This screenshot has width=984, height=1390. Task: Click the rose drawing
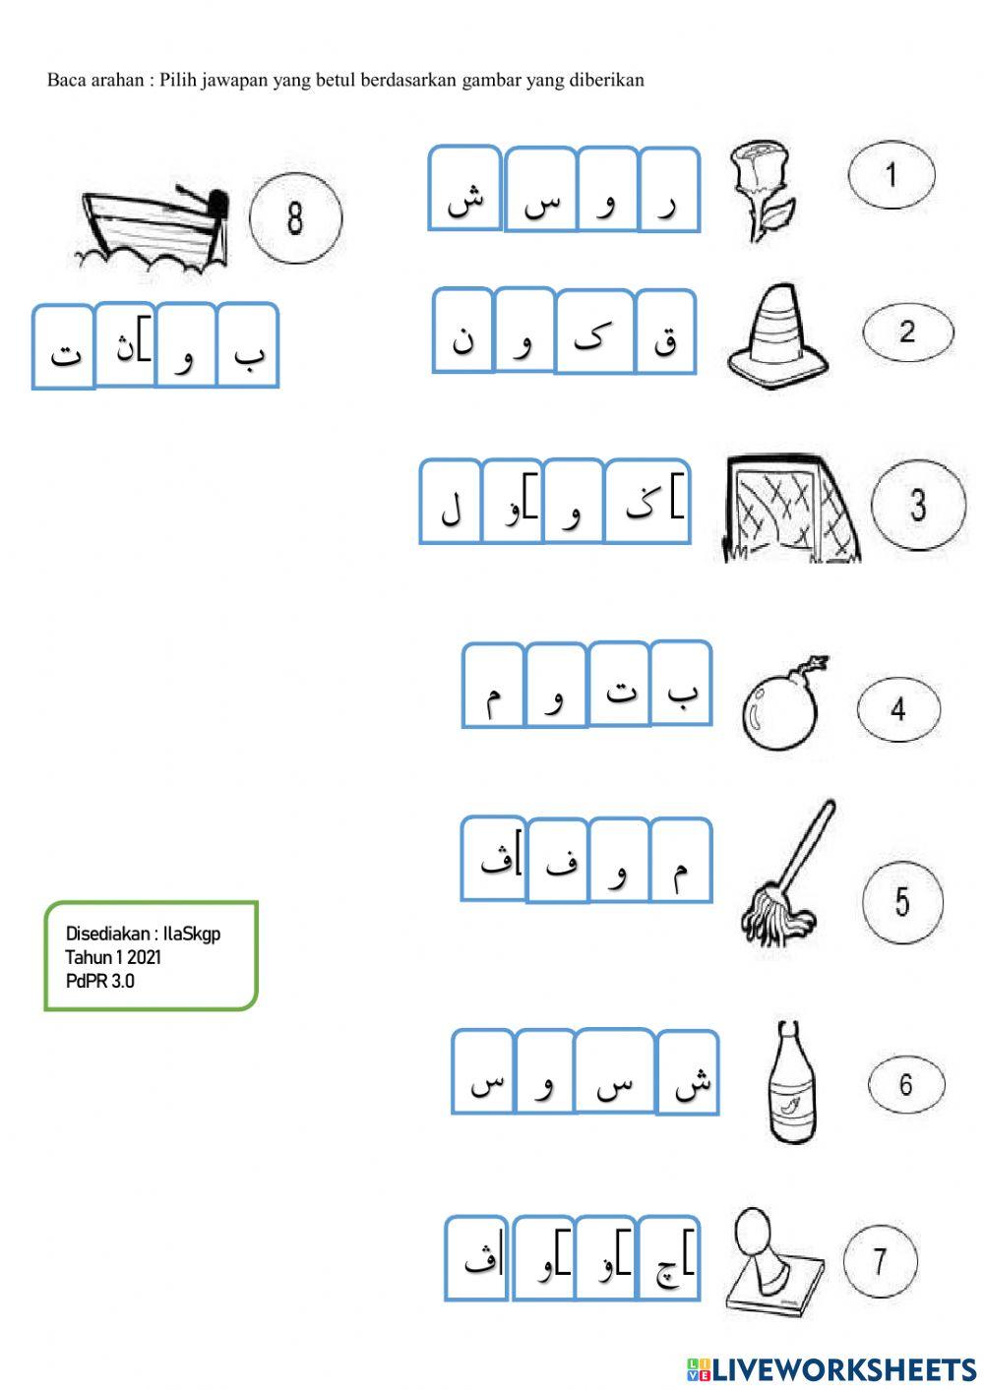[760, 189]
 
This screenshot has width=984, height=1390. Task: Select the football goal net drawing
[789, 509]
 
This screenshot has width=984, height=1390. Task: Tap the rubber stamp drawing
[773, 1261]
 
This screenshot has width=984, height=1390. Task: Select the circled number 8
[295, 217]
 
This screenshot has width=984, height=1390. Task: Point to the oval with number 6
[906, 1084]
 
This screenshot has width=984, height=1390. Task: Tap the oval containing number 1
[892, 175]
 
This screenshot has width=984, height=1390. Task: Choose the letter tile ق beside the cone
[665, 332]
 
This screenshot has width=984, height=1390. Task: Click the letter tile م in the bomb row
[493, 686]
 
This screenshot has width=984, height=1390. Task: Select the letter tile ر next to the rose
[669, 190]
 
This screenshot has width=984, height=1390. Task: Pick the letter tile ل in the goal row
[451, 502]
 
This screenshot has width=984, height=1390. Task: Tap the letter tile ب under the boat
[248, 345]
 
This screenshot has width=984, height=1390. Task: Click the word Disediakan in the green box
[106, 934]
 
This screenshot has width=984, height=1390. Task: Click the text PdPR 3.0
[99, 981]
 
